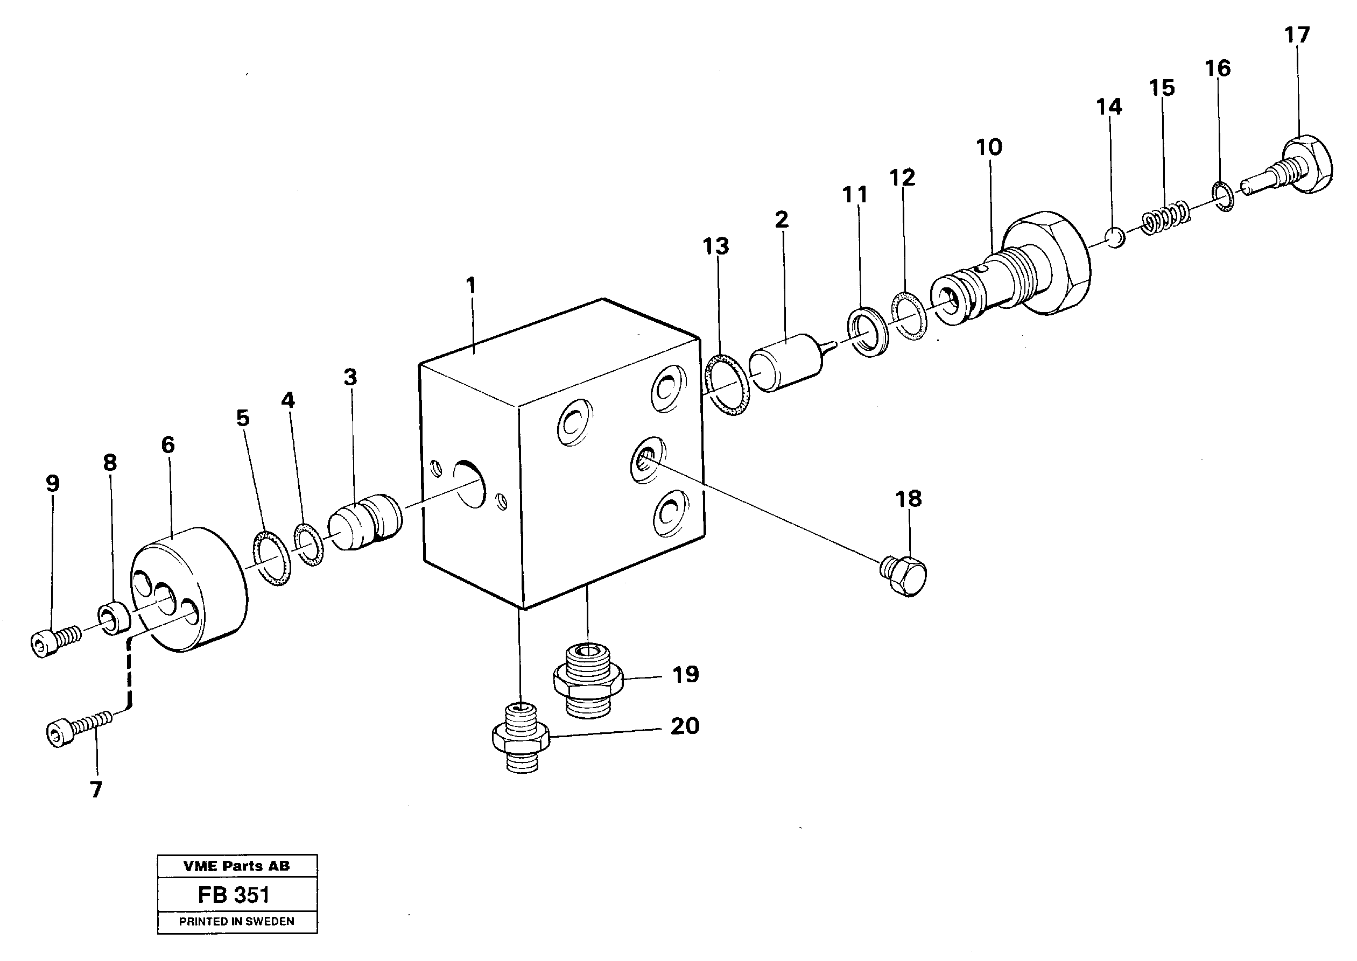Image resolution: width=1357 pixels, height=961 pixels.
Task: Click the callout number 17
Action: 1297,35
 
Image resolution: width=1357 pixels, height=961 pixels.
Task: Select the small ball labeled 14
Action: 1115,238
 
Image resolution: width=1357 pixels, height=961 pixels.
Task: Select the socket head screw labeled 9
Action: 53,641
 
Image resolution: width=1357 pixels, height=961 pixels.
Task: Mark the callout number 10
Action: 989,147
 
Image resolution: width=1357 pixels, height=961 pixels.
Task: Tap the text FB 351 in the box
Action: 234,895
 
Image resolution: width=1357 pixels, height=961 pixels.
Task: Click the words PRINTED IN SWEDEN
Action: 237,921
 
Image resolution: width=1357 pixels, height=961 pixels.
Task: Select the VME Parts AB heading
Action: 237,866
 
